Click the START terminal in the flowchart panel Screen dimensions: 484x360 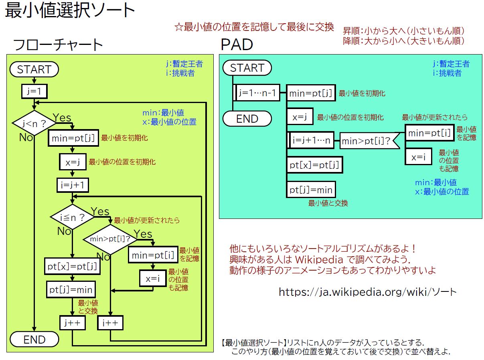pos(34,69)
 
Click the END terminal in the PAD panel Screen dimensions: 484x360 pos(247,119)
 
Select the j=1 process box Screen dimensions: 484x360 pos(34,91)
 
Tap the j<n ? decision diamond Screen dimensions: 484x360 pos(34,123)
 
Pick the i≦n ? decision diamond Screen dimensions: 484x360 pos(73,217)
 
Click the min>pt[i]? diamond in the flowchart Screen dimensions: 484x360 pos(110,239)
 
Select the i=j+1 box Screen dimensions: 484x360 pos(73,185)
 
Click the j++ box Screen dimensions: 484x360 pos(73,323)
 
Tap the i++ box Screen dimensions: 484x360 pos(110,323)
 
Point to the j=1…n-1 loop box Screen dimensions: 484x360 pos(256,93)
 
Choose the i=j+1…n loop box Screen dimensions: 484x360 pos(311,140)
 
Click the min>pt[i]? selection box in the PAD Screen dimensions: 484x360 pos(370,141)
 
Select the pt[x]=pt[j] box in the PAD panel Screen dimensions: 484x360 pos(314,165)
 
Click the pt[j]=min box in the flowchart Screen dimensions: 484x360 pos(71,289)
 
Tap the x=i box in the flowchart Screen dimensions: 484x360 pos(153,279)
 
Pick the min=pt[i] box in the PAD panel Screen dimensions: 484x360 pos(429,133)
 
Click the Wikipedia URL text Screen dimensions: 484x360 pos(368,292)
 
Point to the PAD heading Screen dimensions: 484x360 pos(237,44)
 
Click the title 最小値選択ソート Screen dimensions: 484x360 pos(70,10)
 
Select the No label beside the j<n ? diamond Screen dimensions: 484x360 pos(26,137)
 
